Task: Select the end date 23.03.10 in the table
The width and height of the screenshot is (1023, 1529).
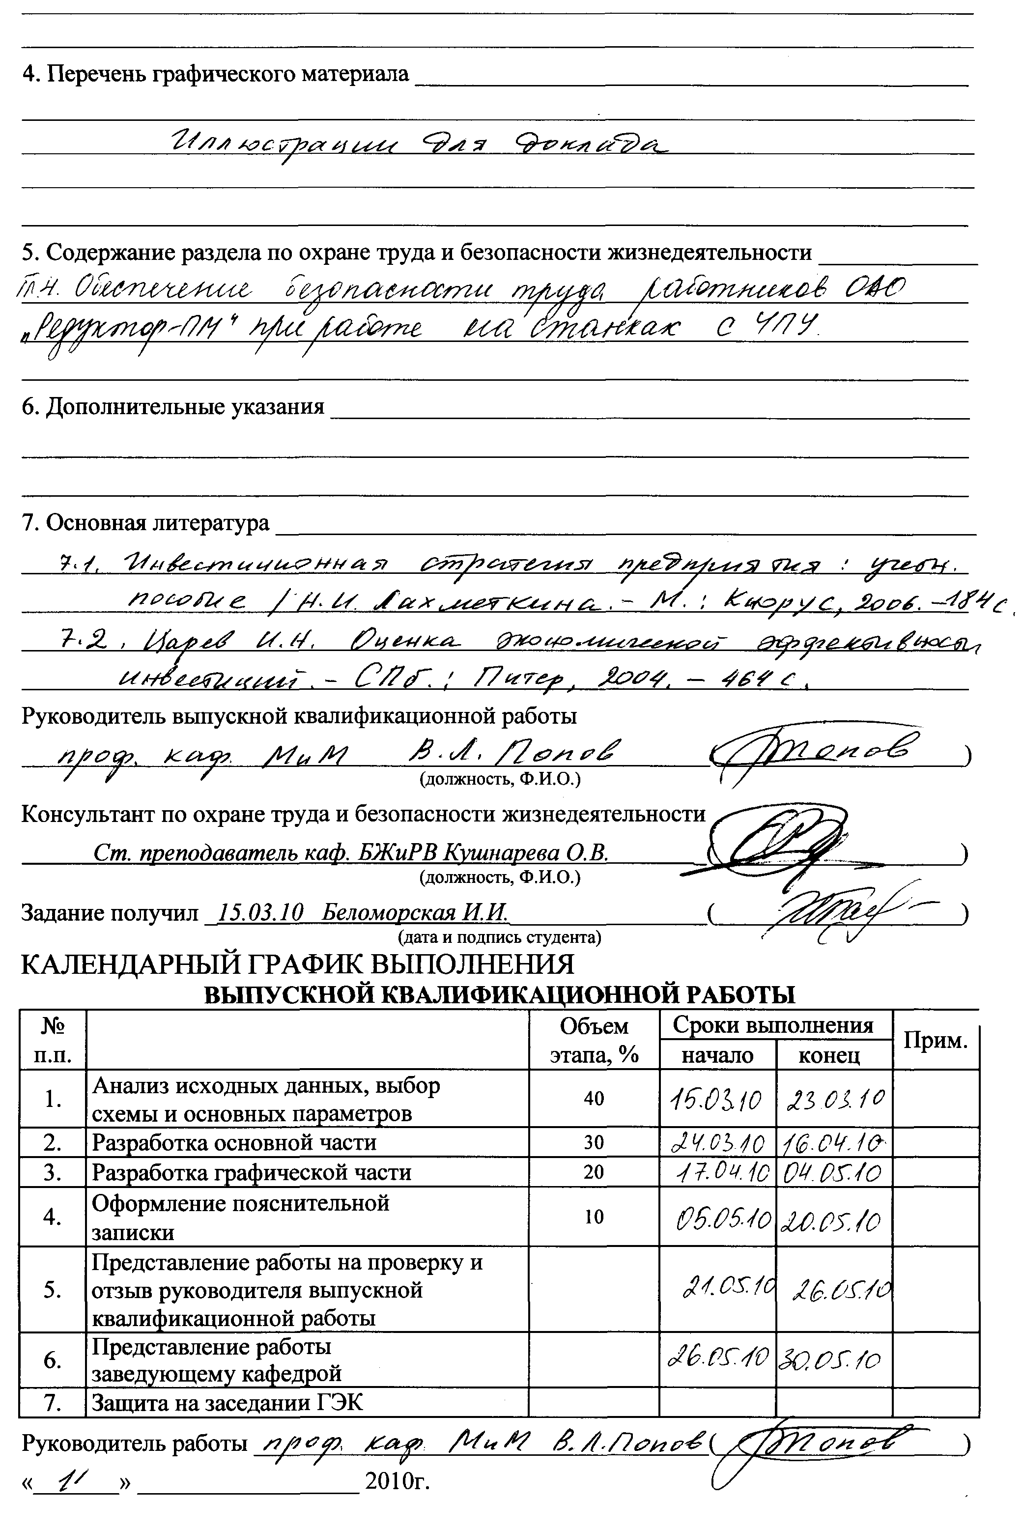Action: (835, 1101)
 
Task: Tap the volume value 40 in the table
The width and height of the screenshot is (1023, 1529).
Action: (594, 1099)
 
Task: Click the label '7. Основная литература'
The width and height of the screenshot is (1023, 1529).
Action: (145, 522)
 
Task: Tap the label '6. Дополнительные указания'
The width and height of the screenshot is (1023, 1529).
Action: (173, 406)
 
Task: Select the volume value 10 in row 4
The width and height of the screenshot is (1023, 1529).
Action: (594, 1217)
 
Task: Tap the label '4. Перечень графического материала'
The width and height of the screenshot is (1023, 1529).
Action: (215, 74)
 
